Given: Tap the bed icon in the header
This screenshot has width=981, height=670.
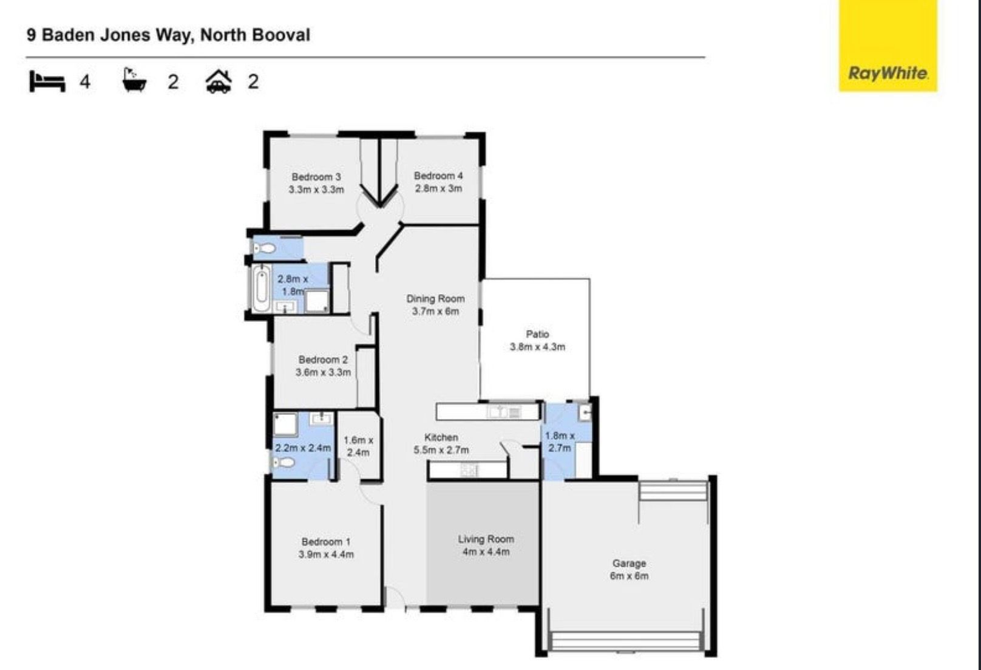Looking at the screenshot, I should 47,81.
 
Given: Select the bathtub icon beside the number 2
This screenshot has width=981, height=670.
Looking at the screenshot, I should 134,80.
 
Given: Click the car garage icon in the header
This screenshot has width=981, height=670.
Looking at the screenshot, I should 219,81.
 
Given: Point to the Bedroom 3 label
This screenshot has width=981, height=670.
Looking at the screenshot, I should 316,177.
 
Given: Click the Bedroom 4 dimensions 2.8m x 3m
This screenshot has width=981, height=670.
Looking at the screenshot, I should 438,189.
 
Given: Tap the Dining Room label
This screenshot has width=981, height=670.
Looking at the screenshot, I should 435,299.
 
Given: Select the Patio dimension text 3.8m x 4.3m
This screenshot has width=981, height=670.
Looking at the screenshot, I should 537,347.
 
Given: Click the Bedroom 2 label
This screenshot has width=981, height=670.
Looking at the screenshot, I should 323,360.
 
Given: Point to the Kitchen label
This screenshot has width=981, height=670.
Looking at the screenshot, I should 441,437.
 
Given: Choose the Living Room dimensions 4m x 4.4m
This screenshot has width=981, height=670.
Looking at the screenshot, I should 486,552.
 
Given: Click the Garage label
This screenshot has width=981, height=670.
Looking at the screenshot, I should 629,563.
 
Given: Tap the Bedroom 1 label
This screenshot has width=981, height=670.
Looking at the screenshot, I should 326,542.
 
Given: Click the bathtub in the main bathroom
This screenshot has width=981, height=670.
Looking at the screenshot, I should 262,289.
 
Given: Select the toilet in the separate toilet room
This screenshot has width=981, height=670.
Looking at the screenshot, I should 264,248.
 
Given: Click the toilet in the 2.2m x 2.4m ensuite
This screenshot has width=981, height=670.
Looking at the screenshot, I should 283,463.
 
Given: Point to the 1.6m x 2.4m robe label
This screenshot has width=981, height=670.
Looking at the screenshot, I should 358,446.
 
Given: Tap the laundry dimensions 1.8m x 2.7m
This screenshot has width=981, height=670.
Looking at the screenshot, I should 559,442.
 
